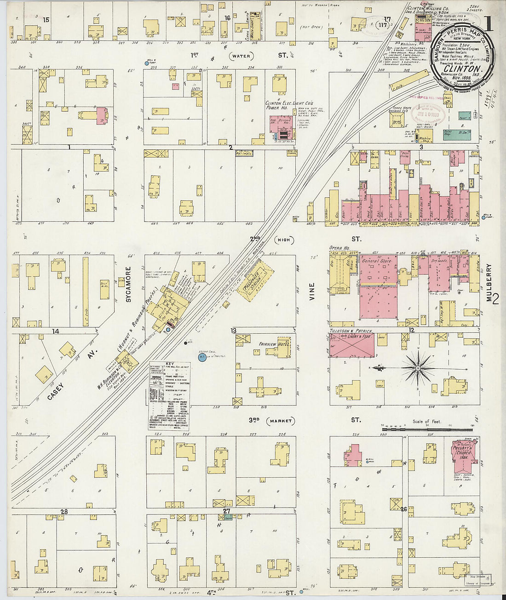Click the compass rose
(x=418, y=368)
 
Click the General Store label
(x=377, y=261)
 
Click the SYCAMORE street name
(x=128, y=284)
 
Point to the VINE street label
(x=312, y=292)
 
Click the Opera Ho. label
(x=340, y=248)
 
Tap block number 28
(x=63, y=512)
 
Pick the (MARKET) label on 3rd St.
(x=282, y=421)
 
